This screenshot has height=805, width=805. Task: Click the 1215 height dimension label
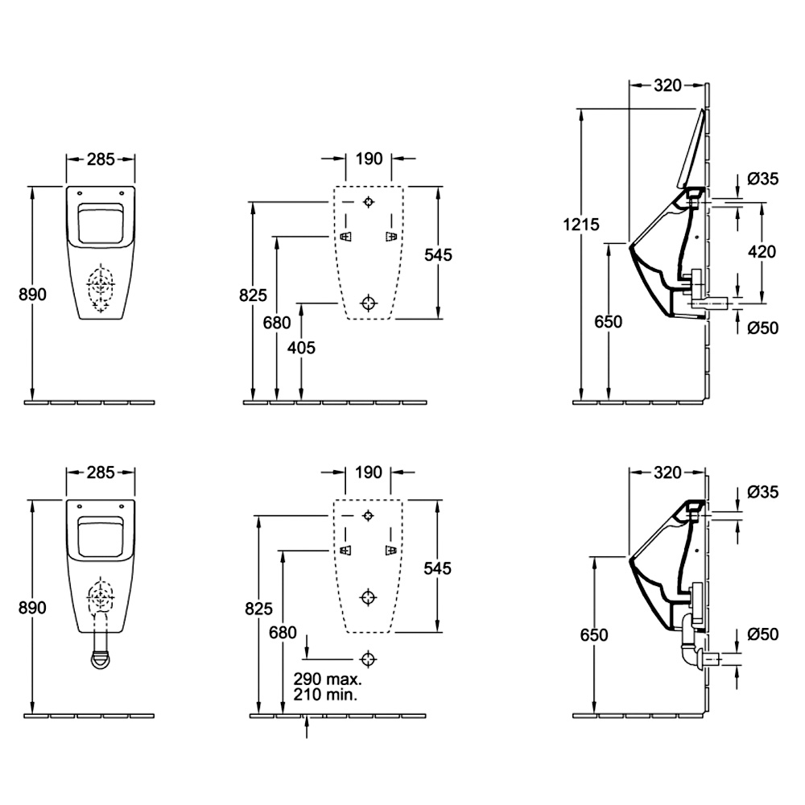click(x=580, y=225)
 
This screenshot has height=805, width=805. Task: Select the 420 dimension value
click(x=762, y=251)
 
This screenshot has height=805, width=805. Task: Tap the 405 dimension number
click(x=301, y=348)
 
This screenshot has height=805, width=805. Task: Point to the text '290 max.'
click(x=328, y=679)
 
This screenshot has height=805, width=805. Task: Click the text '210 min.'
click(x=326, y=695)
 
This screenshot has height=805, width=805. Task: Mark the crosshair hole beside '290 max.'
click(x=368, y=658)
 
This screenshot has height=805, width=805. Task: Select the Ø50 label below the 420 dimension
click(x=763, y=328)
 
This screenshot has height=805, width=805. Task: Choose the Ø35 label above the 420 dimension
click(x=763, y=179)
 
